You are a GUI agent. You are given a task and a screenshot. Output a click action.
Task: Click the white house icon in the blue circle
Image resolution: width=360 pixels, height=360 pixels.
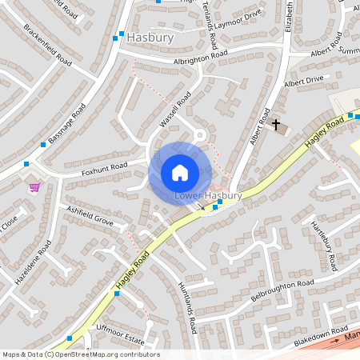point(179,173)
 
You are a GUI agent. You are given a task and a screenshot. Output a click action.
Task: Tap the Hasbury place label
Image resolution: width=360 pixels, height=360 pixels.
point(150,36)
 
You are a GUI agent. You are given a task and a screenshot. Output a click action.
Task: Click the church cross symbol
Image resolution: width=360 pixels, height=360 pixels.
point(277,125)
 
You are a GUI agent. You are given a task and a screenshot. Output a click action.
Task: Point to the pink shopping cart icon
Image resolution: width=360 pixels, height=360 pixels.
point(34,187)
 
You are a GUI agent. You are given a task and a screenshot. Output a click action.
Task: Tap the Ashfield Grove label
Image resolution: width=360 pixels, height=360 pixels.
point(90,214)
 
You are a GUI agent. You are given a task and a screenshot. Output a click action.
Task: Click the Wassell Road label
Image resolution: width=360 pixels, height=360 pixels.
point(175,109)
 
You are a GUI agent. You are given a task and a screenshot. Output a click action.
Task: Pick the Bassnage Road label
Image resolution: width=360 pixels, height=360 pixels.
point(67,126)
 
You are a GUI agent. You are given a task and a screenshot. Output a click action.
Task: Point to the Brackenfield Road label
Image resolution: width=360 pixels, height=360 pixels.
point(48,45)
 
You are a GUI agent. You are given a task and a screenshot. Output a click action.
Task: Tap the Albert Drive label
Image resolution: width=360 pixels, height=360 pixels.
point(303,81)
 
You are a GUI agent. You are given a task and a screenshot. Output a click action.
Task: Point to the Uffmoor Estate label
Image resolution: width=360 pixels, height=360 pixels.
point(120,340)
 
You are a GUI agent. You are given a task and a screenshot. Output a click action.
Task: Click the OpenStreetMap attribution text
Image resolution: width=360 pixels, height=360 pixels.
point(81,354)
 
